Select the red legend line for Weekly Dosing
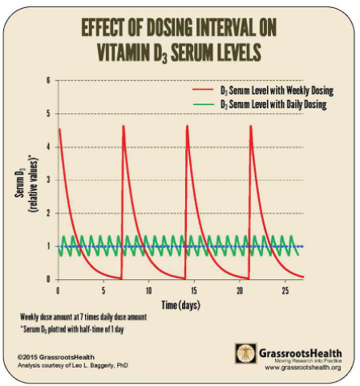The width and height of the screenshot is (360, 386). pos(204,89)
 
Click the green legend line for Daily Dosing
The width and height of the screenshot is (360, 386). pos(204,104)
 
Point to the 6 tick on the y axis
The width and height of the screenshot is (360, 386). pos(48,80)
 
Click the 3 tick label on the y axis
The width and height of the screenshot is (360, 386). pos(48,180)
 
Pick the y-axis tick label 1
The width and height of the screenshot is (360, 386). pos(49,246)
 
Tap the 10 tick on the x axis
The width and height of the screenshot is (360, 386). pos(149,291)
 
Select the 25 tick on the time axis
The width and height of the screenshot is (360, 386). pos(285,291)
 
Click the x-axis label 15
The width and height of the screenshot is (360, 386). pos(194,291)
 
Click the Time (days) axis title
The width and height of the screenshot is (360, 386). pos(181,305)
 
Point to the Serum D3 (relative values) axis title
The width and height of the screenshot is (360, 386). pos(26,184)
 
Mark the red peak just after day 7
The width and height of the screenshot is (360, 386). pos(123,126)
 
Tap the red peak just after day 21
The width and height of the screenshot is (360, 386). pos(251,126)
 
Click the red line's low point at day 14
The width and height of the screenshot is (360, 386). pos(184,278)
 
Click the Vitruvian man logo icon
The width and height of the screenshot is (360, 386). pos(246,353)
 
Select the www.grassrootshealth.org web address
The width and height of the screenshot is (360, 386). pos(303,368)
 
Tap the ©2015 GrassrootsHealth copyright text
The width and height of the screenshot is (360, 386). pos(56,357)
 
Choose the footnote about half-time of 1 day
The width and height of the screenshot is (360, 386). pos(72,329)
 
